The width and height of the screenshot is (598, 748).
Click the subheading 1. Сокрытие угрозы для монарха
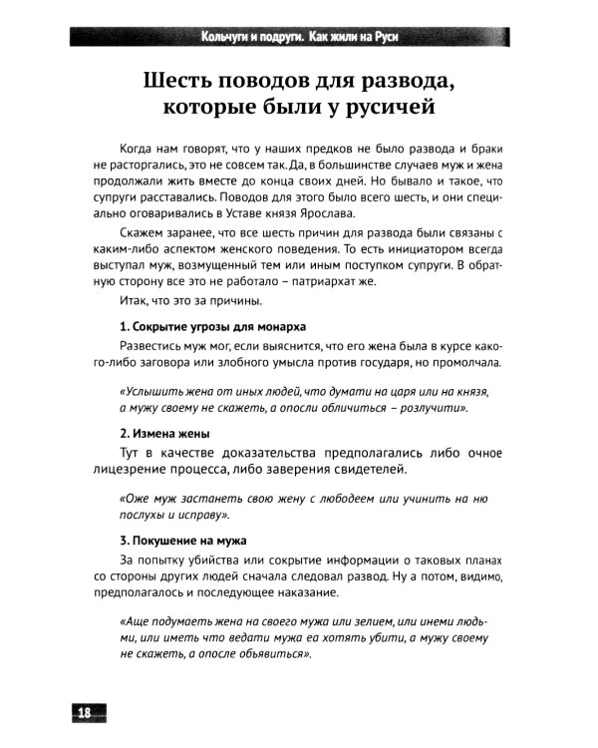[x=212, y=327]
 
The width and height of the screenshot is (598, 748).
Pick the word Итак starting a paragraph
[x=135, y=300]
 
